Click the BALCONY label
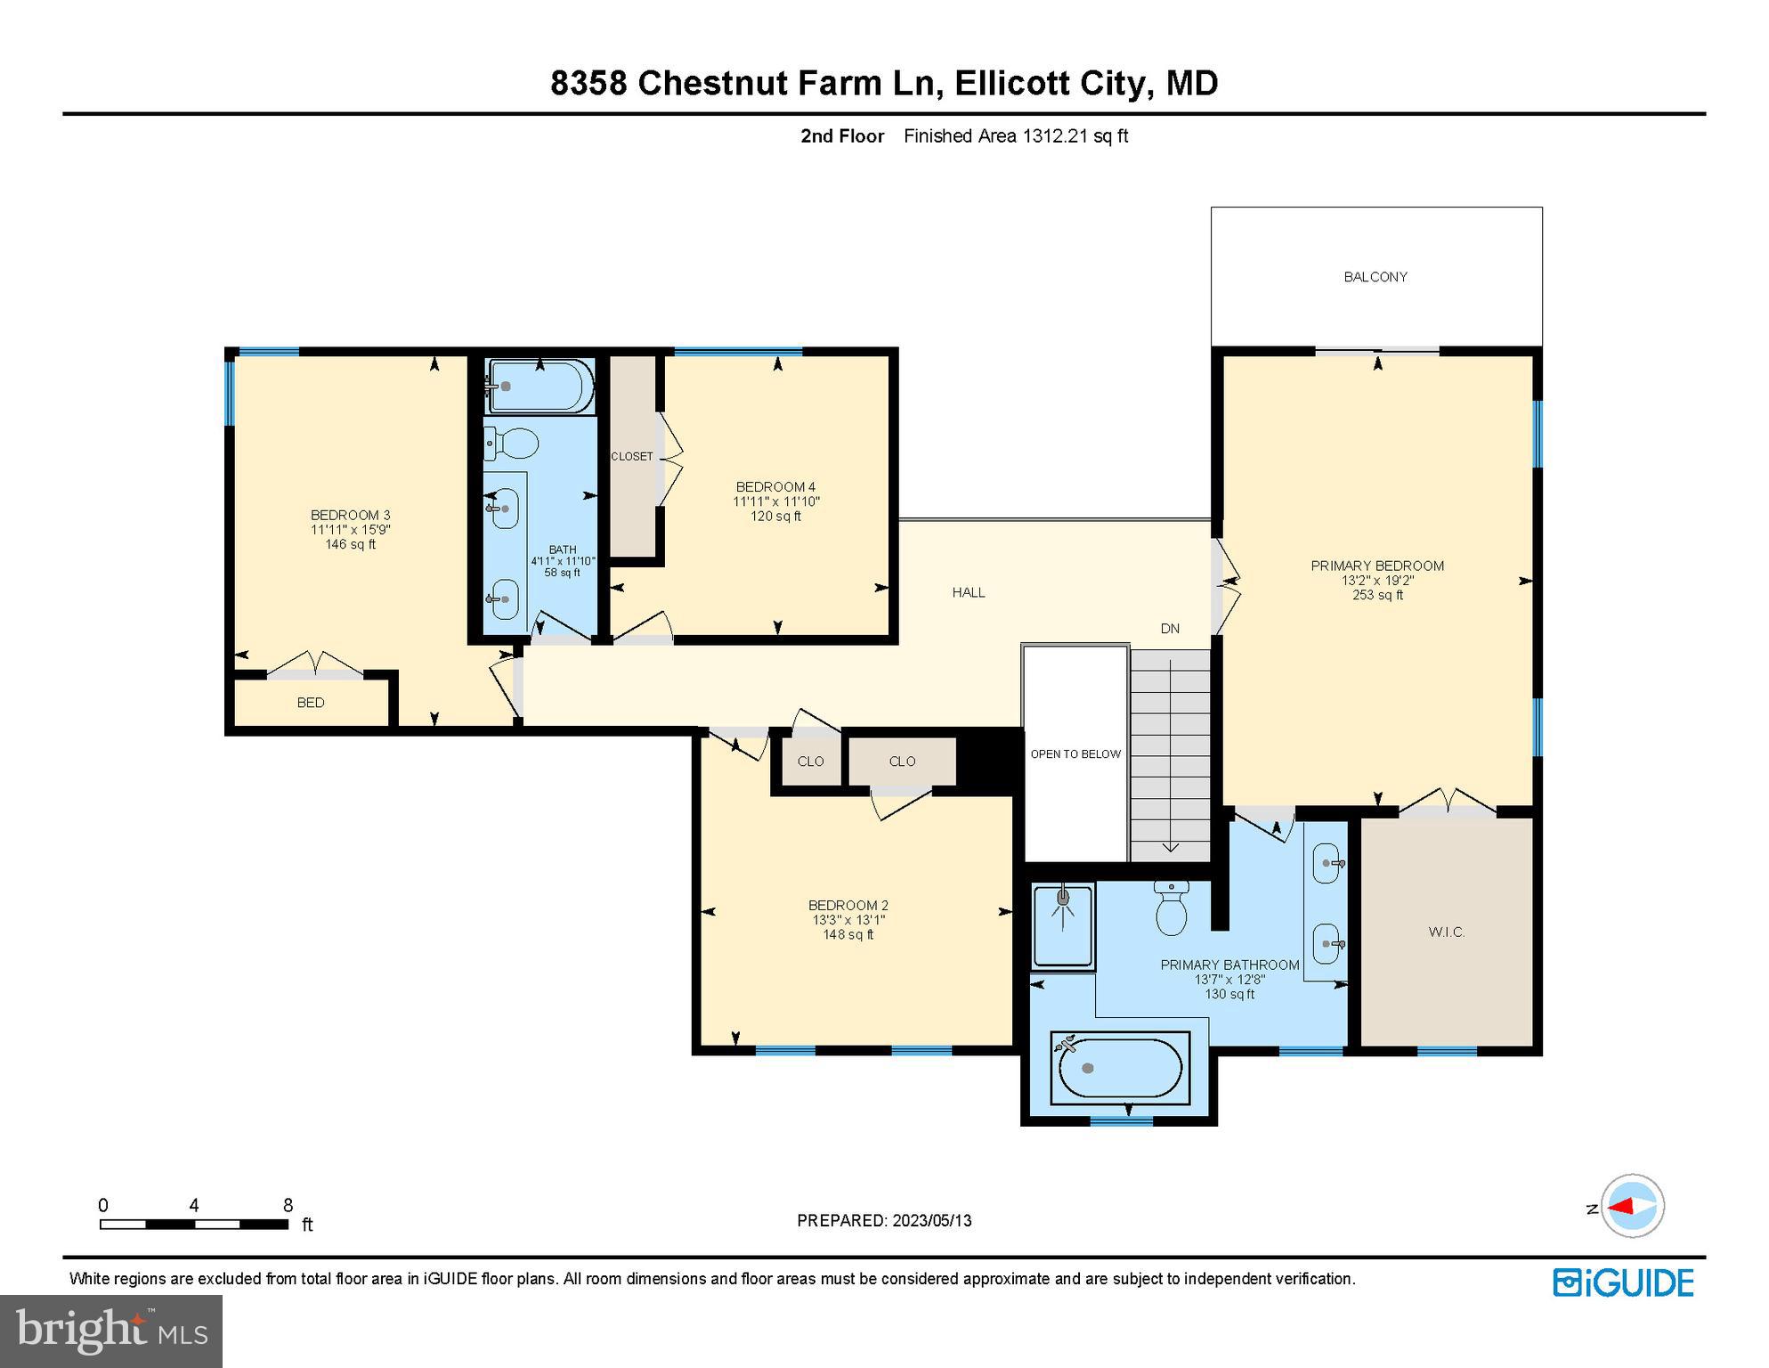click(x=1375, y=277)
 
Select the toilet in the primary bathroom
click(x=1171, y=909)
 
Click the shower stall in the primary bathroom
click(x=1062, y=926)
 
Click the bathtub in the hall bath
click(x=540, y=387)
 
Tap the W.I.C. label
click(x=1446, y=932)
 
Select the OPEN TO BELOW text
click(x=1075, y=754)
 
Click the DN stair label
click(x=1170, y=629)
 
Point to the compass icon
click(x=1632, y=1207)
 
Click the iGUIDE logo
click(x=1623, y=1283)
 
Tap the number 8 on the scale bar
click(x=288, y=1205)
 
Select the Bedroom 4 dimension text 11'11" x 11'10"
click(x=775, y=501)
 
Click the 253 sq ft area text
click(x=1377, y=595)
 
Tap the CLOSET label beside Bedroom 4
click(x=632, y=457)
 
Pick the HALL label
click(x=969, y=592)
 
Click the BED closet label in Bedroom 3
click(x=311, y=703)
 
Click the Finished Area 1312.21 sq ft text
click(x=1016, y=136)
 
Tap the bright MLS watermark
click(x=111, y=1331)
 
